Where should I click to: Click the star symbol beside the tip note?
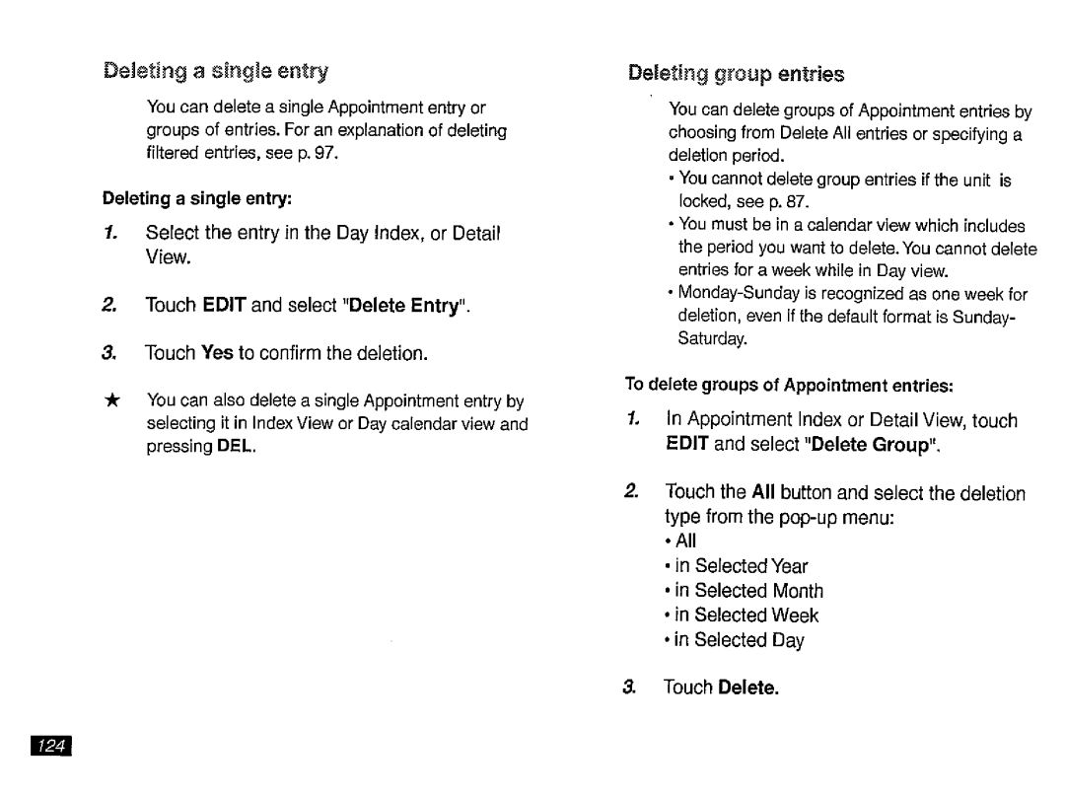113,399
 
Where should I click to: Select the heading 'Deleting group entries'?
736,73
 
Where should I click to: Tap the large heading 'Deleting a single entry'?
216,71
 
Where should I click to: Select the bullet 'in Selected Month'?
758,591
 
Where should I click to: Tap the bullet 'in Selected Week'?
755,615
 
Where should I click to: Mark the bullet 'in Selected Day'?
748,640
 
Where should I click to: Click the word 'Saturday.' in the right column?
712,339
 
